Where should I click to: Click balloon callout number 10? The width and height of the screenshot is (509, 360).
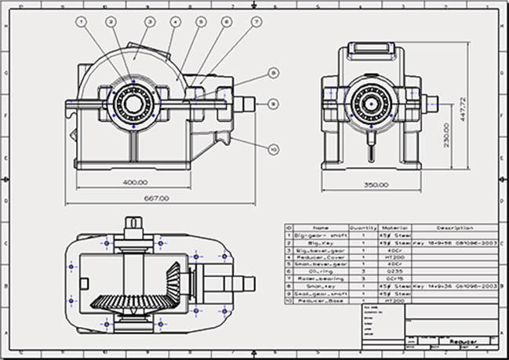click(x=274, y=147)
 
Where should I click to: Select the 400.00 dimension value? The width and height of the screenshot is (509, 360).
click(x=136, y=182)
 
